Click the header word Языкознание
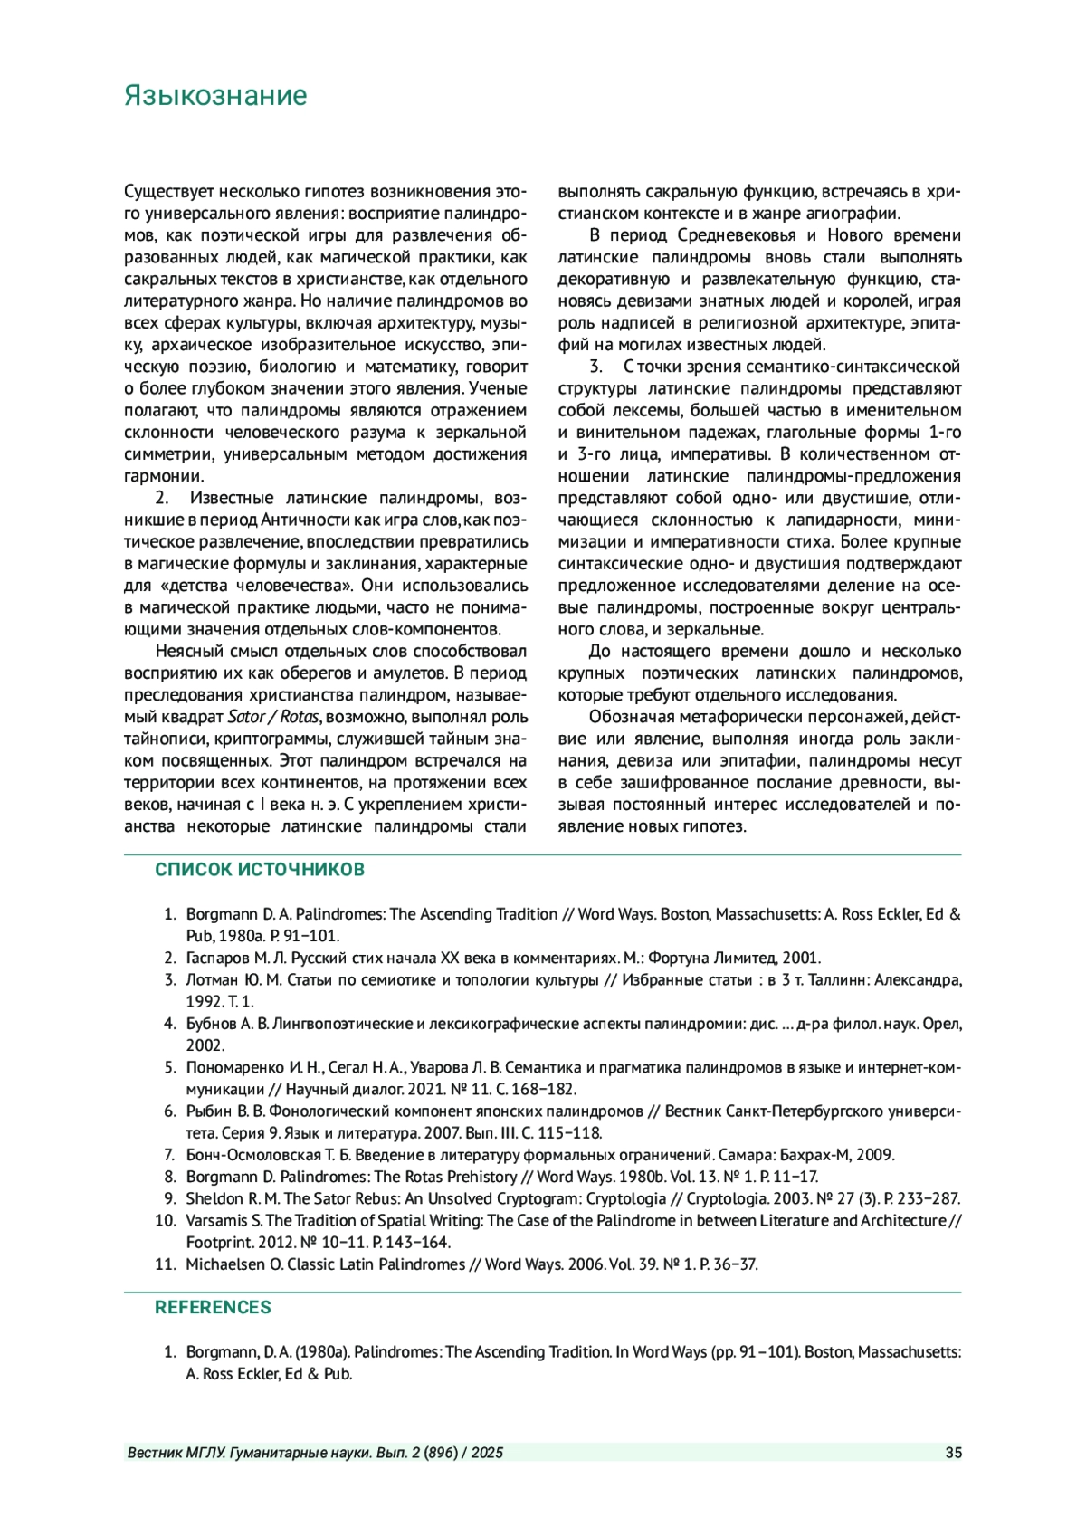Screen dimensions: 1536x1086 coord(215,96)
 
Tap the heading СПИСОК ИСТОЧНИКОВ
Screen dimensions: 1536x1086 coord(260,870)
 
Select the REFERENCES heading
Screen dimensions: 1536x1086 coord(213,1307)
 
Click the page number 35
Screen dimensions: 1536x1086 coord(953,1453)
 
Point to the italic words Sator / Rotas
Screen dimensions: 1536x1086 coord(273,717)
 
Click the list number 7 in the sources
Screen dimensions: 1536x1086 coord(169,1155)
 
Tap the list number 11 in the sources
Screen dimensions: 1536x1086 coord(165,1264)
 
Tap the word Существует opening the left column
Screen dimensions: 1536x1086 coord(168,192)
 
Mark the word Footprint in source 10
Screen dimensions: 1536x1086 coord(216,1243)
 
